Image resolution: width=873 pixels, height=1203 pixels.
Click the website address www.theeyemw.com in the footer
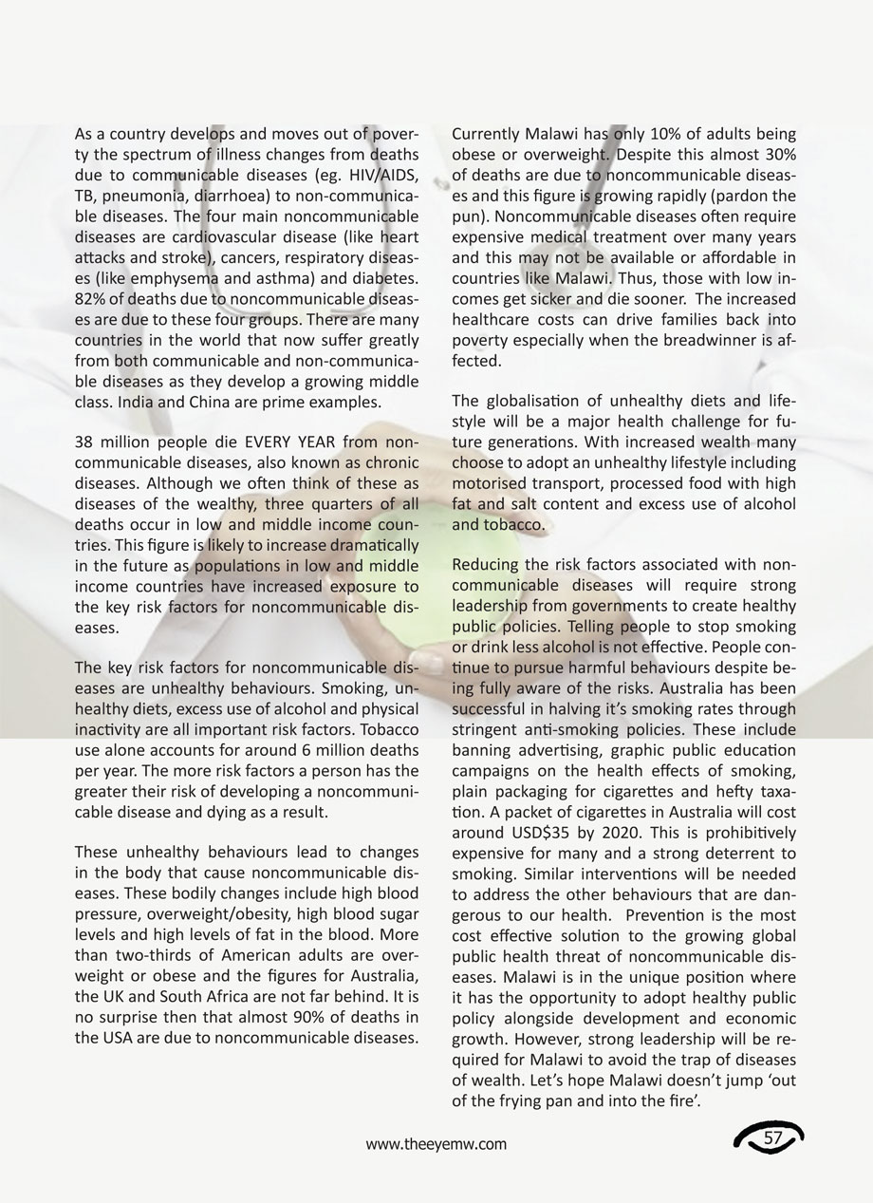tap(436, 1144)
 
